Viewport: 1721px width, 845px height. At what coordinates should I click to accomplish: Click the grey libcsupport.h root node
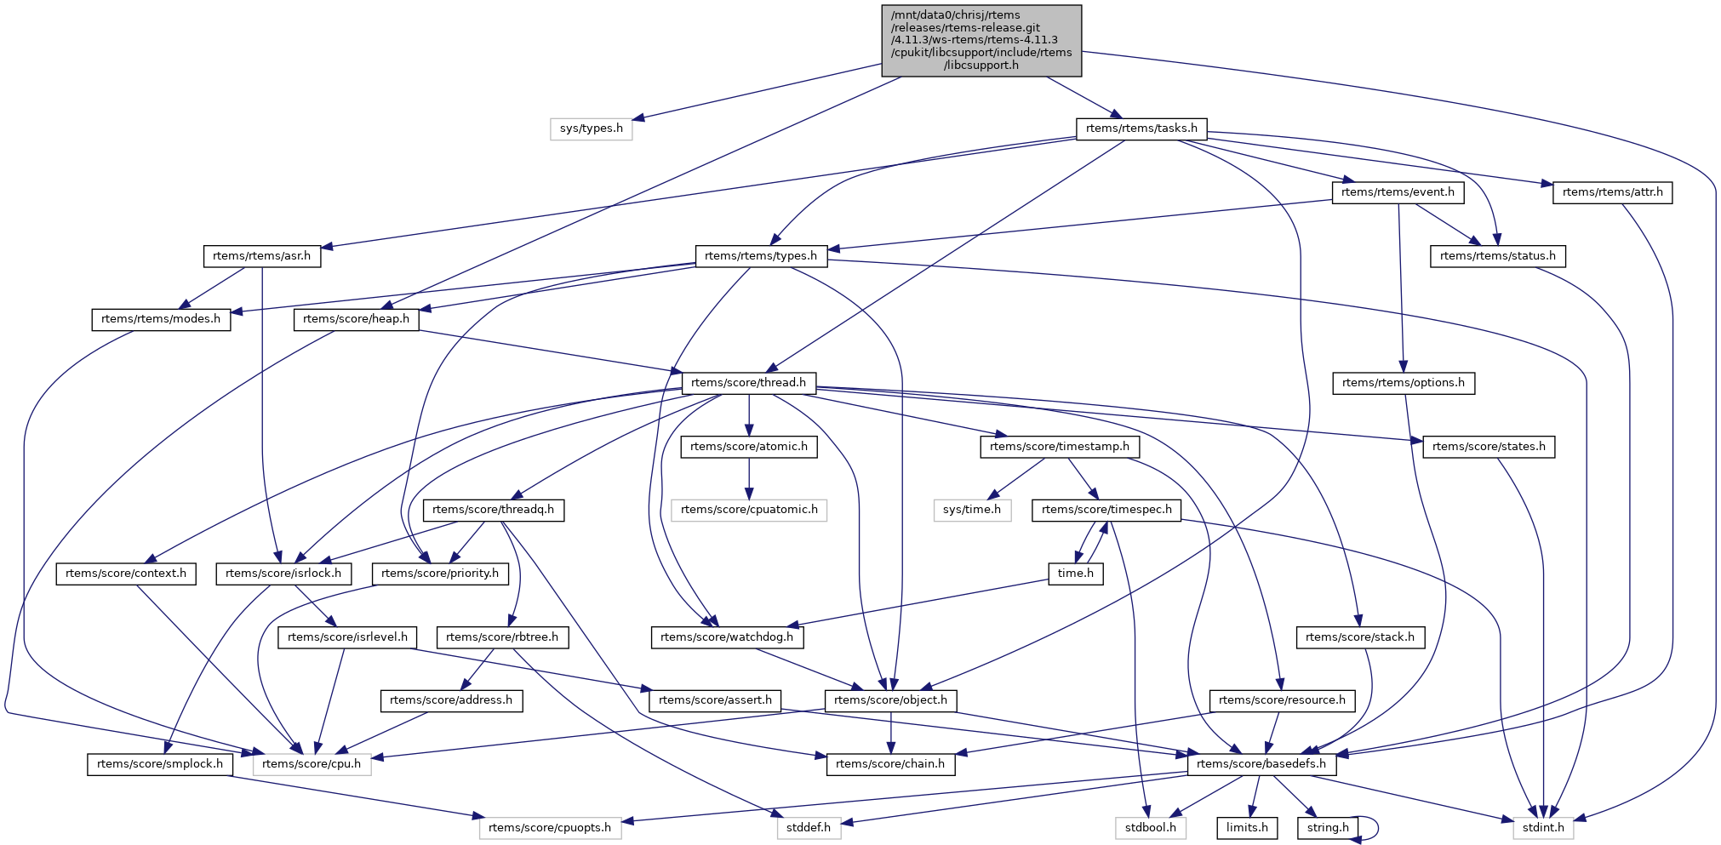pos(981,40)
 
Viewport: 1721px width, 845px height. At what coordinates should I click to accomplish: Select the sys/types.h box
pos(591,128)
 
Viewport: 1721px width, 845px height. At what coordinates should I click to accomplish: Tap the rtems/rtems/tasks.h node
pos(1141,128)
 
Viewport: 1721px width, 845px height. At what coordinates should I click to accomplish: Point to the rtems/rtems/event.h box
pos(1398,192)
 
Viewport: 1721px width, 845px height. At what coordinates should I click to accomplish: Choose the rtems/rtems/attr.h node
pos(1612,192)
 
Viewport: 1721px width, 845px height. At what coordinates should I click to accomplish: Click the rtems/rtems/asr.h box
pos(262,256)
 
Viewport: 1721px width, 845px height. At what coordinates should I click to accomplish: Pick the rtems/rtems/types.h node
pos(761,256)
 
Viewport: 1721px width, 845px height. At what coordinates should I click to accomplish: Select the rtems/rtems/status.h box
pos(1497,256)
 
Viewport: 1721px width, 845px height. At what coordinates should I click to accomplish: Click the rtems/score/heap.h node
pos(356,319)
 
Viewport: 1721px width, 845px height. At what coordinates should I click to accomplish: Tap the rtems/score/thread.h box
pos(748,383)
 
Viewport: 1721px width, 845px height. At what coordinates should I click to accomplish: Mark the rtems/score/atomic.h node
pos(749,447)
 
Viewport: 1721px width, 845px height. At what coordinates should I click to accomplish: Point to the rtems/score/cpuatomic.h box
pos(749,510)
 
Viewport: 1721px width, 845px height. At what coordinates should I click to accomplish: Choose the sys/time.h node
pos(972,510)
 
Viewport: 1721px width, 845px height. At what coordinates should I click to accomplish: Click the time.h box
pos(1076,574)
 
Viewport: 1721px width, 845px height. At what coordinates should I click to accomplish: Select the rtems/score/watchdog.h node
pos(727,637)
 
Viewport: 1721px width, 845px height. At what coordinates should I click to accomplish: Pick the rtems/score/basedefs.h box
pos(1261,764)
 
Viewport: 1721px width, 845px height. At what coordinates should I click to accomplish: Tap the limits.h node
pos(1247,828)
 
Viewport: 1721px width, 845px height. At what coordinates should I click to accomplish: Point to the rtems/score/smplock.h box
pos(160,764)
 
